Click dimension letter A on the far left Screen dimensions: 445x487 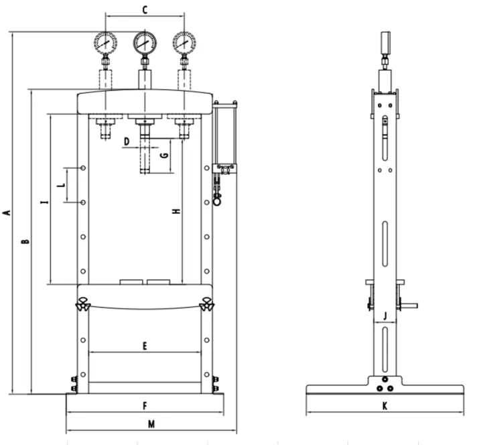pos(7,213)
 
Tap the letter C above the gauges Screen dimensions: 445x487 pos(144,9)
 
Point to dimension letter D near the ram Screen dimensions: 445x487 pos(126,141)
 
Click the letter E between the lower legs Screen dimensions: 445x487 pos(144,346)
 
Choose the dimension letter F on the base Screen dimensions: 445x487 pos(144,405)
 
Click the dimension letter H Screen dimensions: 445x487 pos(176,211)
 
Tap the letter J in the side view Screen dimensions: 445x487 pos(385,314)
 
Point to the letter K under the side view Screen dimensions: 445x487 pos(385,405)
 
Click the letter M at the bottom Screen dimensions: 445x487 pos(151,424)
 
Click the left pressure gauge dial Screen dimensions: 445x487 pos(105,43)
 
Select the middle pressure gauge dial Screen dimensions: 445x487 pos(144,43)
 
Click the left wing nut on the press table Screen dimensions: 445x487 pos(84,304)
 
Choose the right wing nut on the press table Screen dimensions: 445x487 pos(207,304)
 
